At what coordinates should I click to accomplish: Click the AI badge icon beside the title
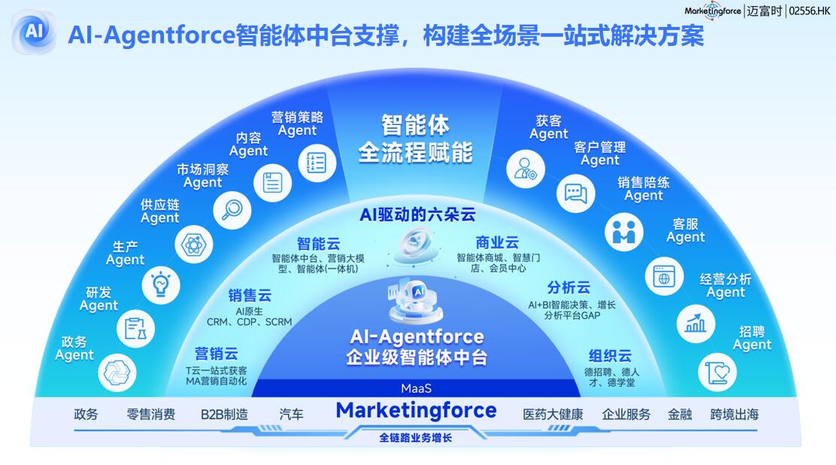[x=34, y=32]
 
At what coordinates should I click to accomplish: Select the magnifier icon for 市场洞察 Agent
[x=232, y=210]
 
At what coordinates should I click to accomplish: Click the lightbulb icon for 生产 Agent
[x=161, y=285]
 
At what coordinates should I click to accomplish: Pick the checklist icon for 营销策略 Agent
[x=317, y=163]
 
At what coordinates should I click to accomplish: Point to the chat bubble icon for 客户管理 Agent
[x=576, y=193]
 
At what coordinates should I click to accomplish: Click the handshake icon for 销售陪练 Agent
[x=624, y=234]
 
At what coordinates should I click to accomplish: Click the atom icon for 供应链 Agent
[x=193, y=245]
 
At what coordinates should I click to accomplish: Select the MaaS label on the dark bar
[x=416, y=388]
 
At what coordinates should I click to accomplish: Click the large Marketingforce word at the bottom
[x=416, y=411]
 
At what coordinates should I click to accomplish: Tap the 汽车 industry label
[x=292, y=415]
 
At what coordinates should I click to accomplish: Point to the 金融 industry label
[x=680, y=415]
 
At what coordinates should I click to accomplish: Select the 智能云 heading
[x=319, y=244]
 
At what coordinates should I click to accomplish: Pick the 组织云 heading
[x=610, y=357]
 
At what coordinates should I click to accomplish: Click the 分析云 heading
[x=568, y=288]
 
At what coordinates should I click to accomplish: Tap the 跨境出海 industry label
[x=735, y=415]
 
